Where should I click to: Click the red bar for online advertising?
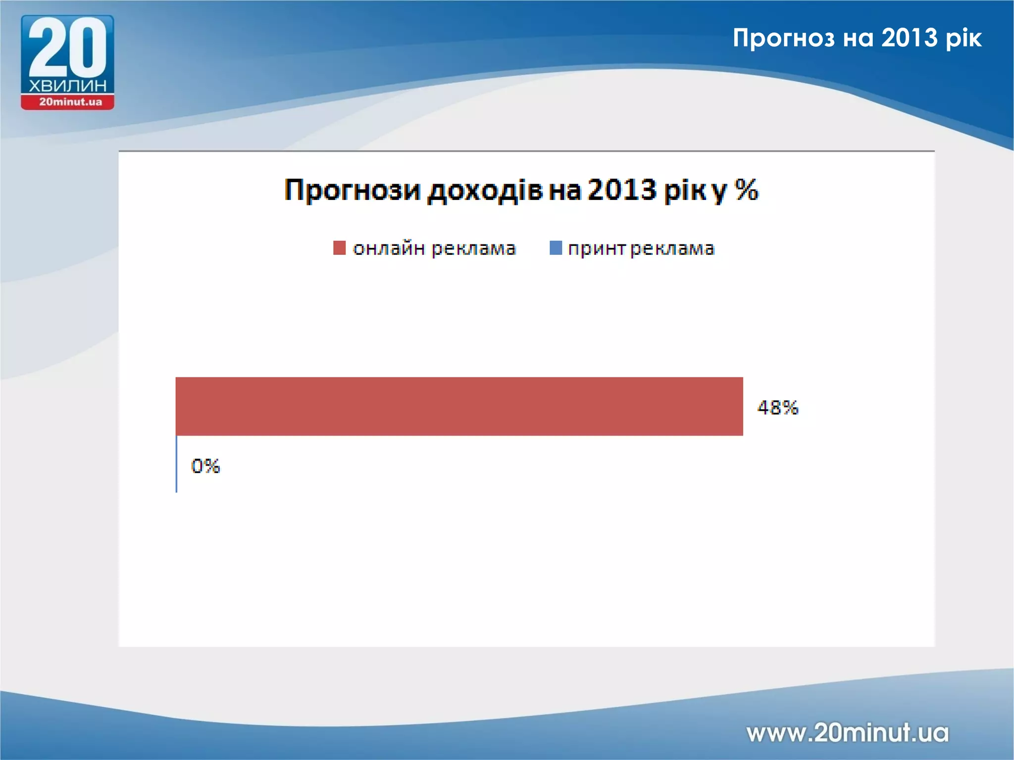(459, 406)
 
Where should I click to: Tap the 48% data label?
(777, 408)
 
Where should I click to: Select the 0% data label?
(205, 466)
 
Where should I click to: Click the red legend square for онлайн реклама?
(339, 248)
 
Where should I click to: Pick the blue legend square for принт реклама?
(556, 248)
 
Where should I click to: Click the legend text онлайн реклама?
(434, 248)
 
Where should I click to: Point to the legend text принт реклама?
(641, 248)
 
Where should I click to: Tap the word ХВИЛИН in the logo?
(67, 86)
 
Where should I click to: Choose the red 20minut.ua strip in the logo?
(68, 102)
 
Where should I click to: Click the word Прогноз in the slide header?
(783, 38)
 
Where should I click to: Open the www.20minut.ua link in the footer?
(847, 732)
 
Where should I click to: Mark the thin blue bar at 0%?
(176, 464)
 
